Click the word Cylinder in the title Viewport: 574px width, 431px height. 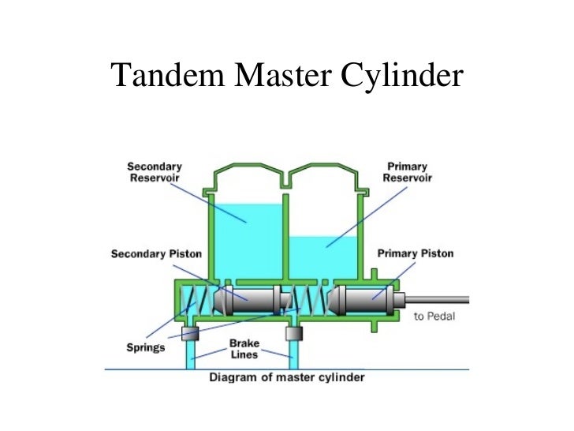(402, 75)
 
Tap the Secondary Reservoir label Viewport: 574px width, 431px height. (155, 172)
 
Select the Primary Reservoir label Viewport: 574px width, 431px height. (407, 172)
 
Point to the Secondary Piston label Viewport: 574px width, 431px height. (156, 254)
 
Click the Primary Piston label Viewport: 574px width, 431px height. (416, 253)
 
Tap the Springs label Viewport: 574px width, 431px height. (146, 347)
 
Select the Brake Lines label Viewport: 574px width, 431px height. (244, 349)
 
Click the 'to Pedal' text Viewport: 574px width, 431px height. (434, 317)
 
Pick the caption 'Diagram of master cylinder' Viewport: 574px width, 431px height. (287, 377)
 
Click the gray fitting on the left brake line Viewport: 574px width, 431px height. (190, 333)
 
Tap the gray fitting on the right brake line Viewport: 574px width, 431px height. (294, 333)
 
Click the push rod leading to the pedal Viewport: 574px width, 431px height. (437, 300)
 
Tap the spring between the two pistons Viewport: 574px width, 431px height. (309, 301)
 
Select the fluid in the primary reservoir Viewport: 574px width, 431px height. (323, 257)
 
